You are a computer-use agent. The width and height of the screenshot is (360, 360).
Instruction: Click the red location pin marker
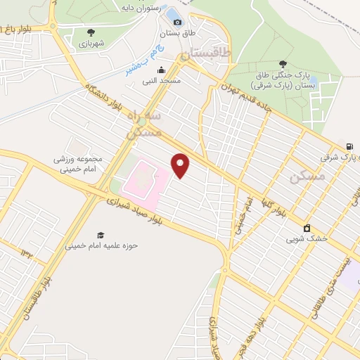[x=181, y=165]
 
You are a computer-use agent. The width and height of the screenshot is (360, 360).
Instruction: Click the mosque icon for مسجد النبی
[x=162, y=70]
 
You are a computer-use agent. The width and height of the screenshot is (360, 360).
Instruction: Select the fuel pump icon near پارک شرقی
[x=350, y=146]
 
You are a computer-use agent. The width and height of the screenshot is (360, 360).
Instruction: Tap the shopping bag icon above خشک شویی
[x=307, y=228]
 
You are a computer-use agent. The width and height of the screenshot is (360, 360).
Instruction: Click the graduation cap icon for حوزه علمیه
[x=101, y=235]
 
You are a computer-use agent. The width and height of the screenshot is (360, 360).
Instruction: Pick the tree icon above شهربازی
[x=91, y=32]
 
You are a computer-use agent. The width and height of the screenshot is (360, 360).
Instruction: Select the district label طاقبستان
[x=206, y=53]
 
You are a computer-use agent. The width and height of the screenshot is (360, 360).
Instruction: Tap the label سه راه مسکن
[x=143, y=122]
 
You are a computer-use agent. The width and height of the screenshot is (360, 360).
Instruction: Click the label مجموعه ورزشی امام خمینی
[x=78, y=164]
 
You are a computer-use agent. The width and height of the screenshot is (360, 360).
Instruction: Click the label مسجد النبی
[x=162, y=81]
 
